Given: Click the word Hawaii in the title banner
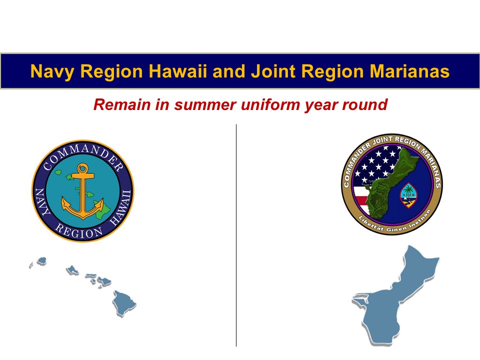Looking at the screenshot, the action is [x=177, y=71].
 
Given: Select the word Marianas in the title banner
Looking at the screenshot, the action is [x=409, y=71].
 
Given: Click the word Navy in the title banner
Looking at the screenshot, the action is [x=52, y=72].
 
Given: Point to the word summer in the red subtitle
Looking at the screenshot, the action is [x=205, y=104].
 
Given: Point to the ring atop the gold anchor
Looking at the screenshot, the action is [x=82, y=168].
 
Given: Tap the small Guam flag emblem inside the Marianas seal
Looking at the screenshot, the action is [x=408, y=195].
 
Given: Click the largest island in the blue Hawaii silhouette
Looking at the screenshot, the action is [x=123, y=303].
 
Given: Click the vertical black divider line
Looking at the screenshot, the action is [x=236, y=235].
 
